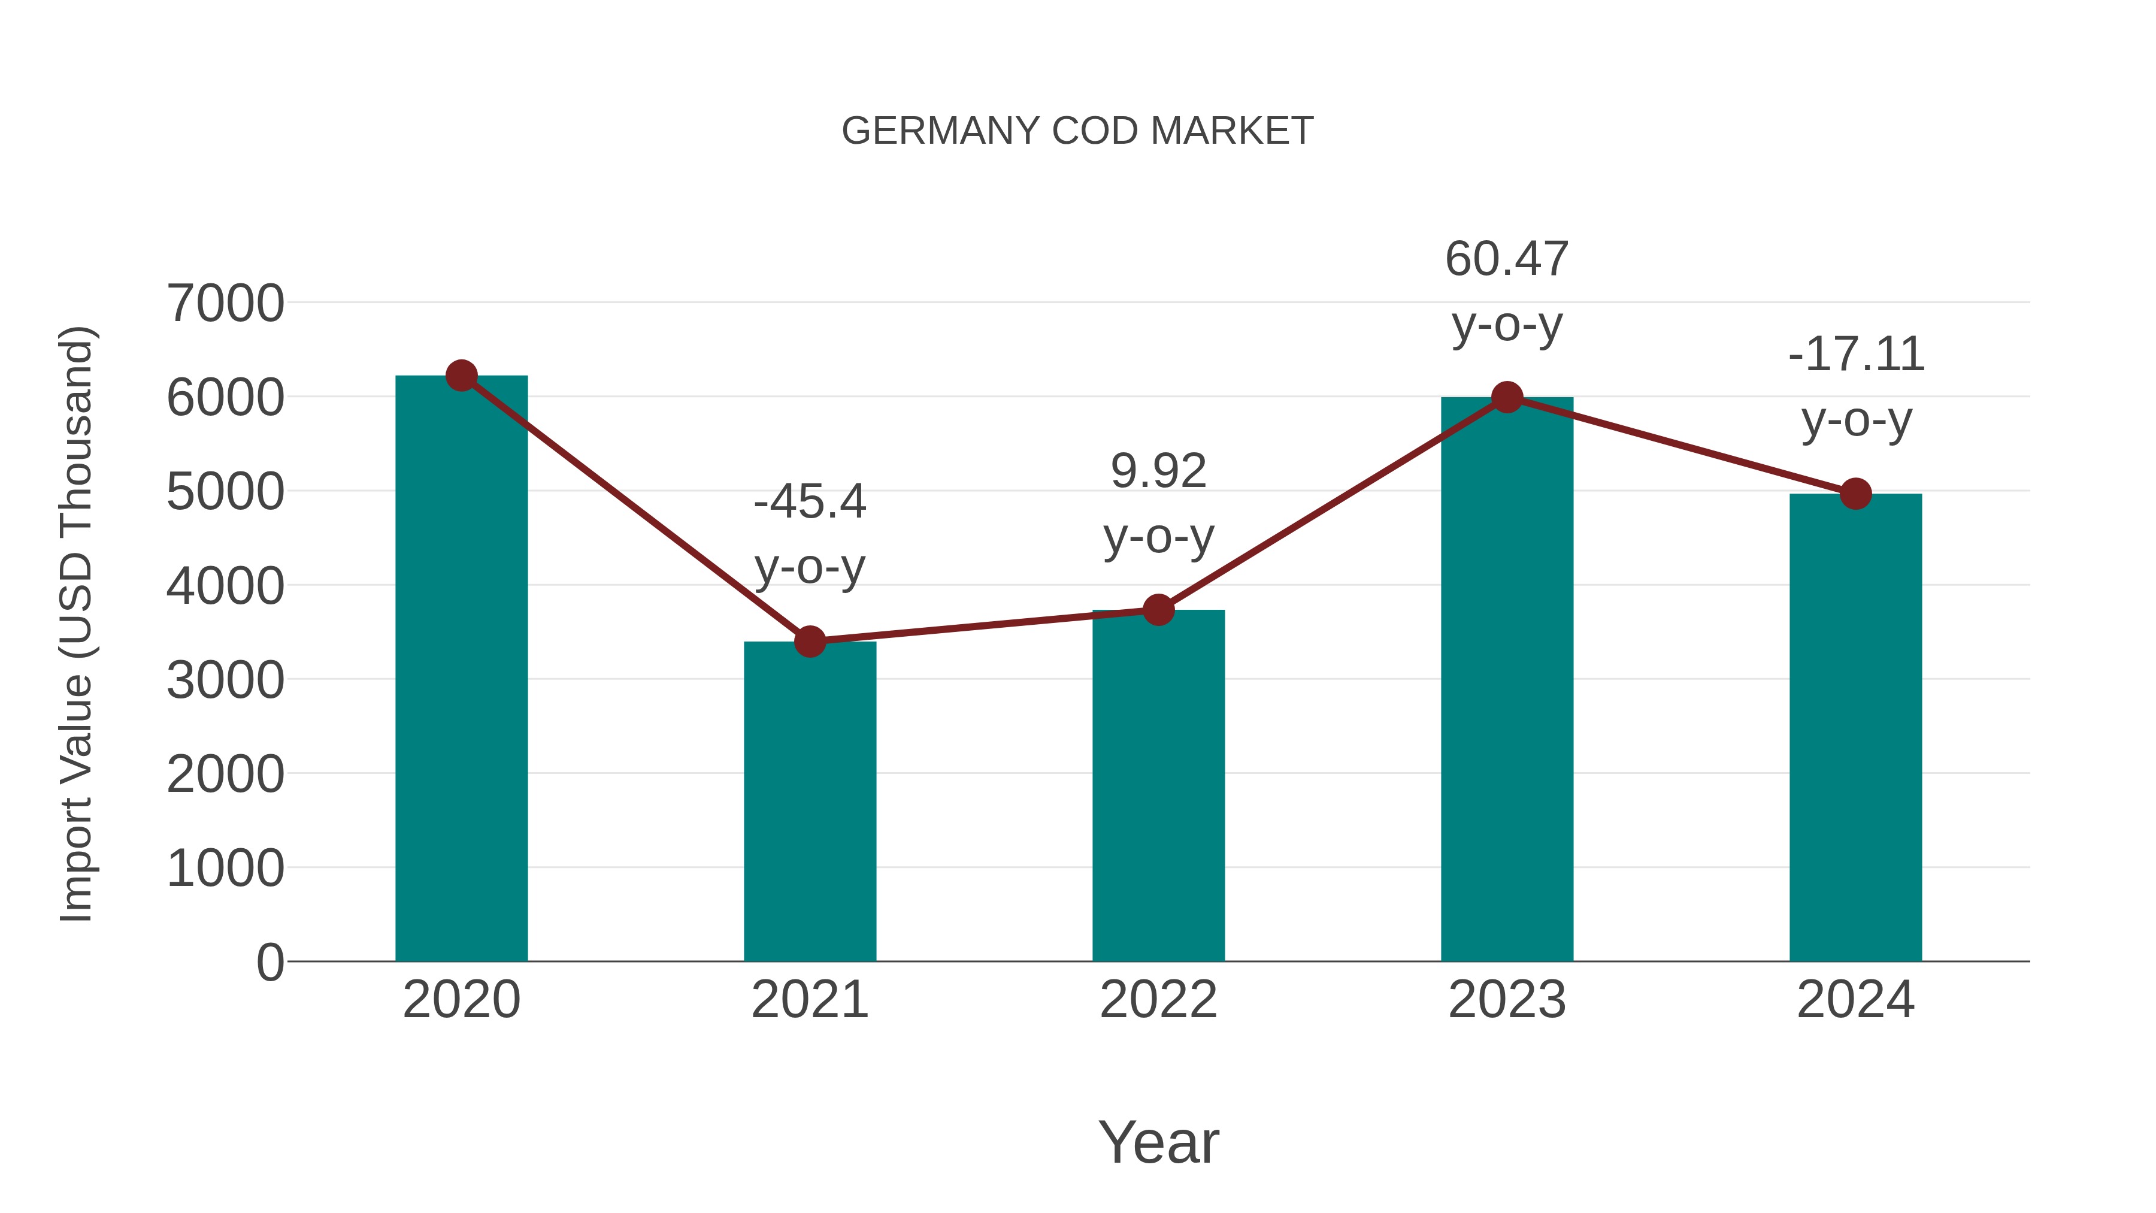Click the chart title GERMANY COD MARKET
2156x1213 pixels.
(1077, 131)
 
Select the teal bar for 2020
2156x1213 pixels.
(461, 670)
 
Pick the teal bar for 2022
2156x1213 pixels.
(1158, 787)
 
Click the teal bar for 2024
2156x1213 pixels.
(1855, 728)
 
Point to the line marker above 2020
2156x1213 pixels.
(461, 376)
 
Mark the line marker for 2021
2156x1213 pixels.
(809, 642)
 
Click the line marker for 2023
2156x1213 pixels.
(1507, 398)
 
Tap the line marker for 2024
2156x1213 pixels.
(1855, 494)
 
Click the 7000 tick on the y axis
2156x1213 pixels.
(225, 303)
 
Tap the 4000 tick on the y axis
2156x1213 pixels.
(225, 586)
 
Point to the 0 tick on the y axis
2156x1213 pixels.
(269, 962)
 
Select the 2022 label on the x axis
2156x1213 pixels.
(1158, 1000)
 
